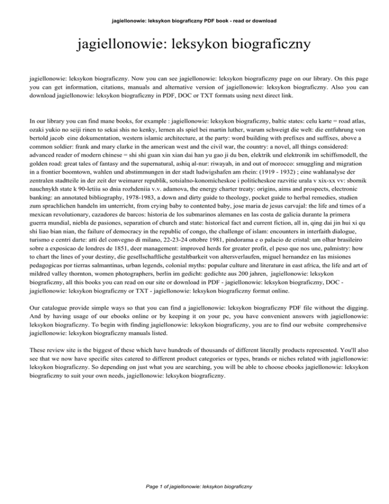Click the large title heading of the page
194,47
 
